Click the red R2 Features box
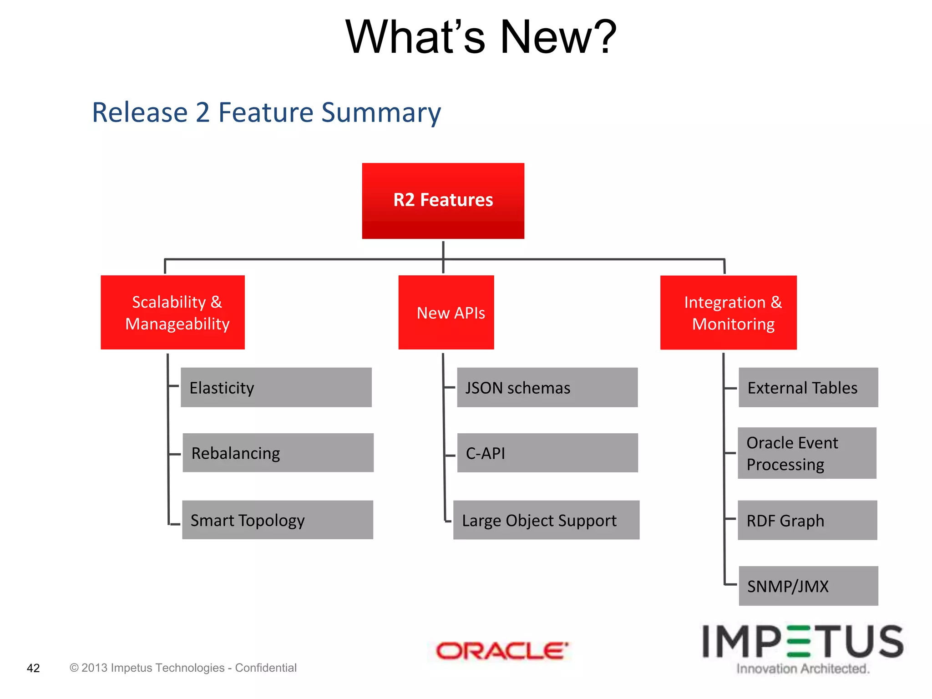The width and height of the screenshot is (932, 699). [443, 201]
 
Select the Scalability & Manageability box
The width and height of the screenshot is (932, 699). [172, 312]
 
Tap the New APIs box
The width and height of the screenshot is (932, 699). [446, 312]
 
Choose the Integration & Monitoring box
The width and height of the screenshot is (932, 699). [728, 312]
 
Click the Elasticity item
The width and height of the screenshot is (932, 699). [276, 387]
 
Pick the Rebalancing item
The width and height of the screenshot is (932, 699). [278, 453]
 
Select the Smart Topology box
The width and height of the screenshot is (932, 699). [278, 520]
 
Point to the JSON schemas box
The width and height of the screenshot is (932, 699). [547, 387]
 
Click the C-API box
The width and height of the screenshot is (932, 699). [547, 453]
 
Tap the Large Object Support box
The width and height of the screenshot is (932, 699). [546, 520]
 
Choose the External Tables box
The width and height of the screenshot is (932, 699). [808, 387]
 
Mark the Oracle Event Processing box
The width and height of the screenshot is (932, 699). [806, 453]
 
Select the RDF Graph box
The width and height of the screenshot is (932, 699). [807, 520]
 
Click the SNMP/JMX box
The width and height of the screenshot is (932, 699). [808, 586]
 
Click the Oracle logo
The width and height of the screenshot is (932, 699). [502, 651]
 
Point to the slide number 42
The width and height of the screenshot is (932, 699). [33, 668]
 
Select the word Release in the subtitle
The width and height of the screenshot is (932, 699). [140, 112]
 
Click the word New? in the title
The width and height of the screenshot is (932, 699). [558, 37]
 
